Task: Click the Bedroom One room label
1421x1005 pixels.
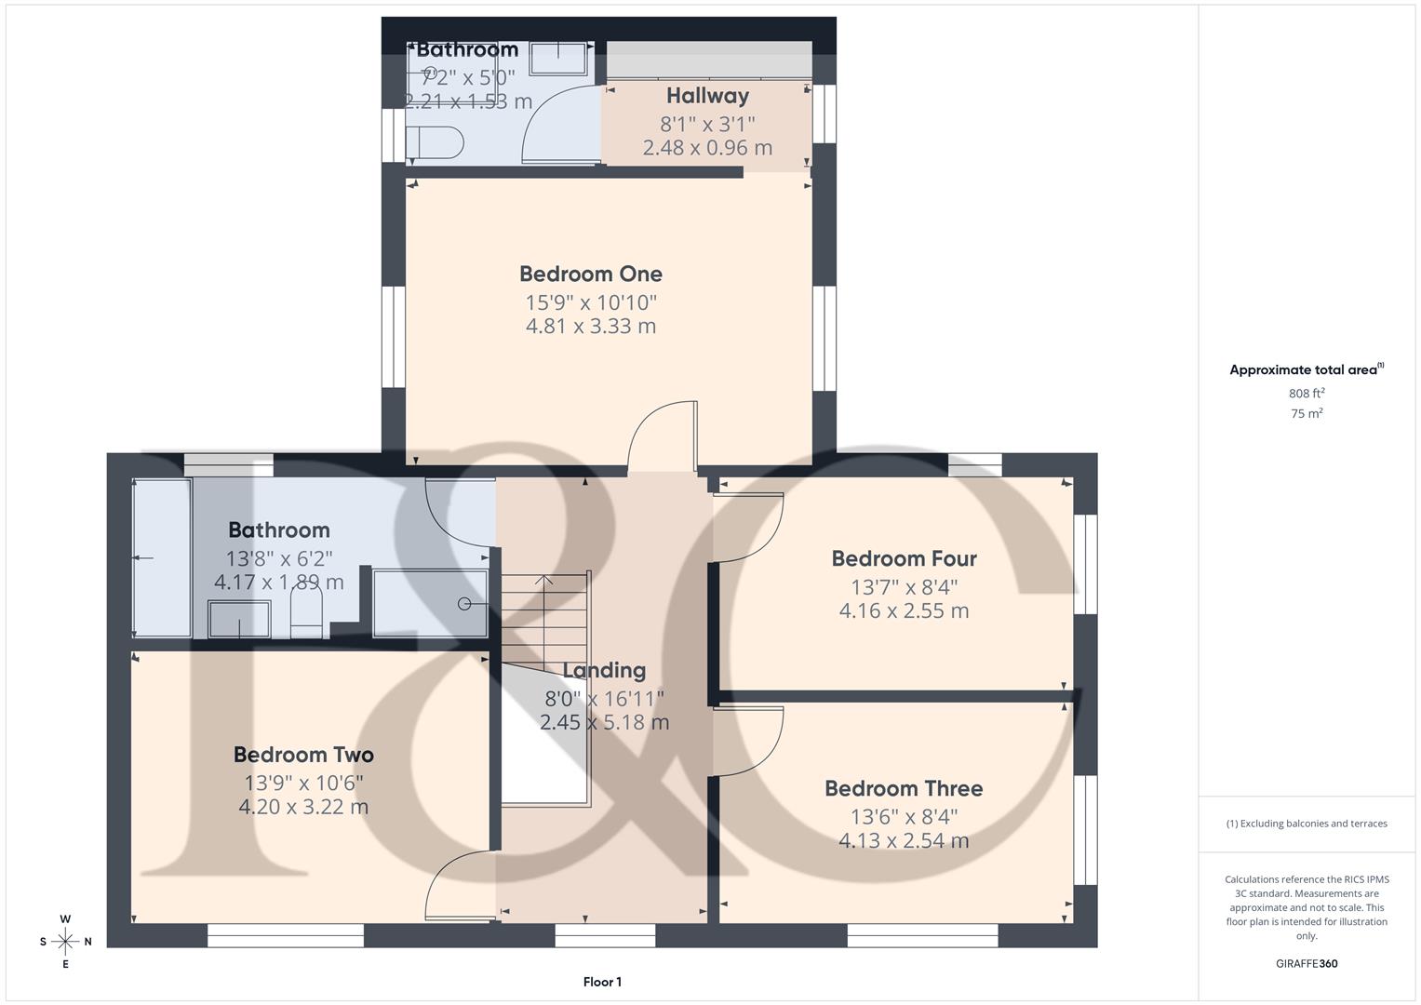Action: point(591,275)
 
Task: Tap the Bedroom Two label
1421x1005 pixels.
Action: point(303,755)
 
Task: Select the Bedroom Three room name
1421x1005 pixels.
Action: point(904,788)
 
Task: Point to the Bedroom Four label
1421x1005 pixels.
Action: point(904,558)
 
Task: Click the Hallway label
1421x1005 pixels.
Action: point(707,96)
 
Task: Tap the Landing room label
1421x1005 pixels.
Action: point(604,671)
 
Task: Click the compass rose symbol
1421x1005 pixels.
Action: point(65,942)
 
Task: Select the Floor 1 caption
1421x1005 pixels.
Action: point(602,982)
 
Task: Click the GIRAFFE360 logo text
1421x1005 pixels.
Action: point(1307,963)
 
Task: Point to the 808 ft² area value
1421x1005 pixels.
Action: point(1307,393)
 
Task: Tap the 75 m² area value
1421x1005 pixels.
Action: point(1307,413)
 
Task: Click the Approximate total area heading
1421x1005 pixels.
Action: point(1307,369)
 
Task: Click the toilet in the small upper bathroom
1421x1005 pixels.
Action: point(436,142)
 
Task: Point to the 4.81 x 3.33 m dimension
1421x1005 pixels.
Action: point(591,326)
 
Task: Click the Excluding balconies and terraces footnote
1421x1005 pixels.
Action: point(1307,824)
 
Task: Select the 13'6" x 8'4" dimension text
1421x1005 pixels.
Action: point(904,817)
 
